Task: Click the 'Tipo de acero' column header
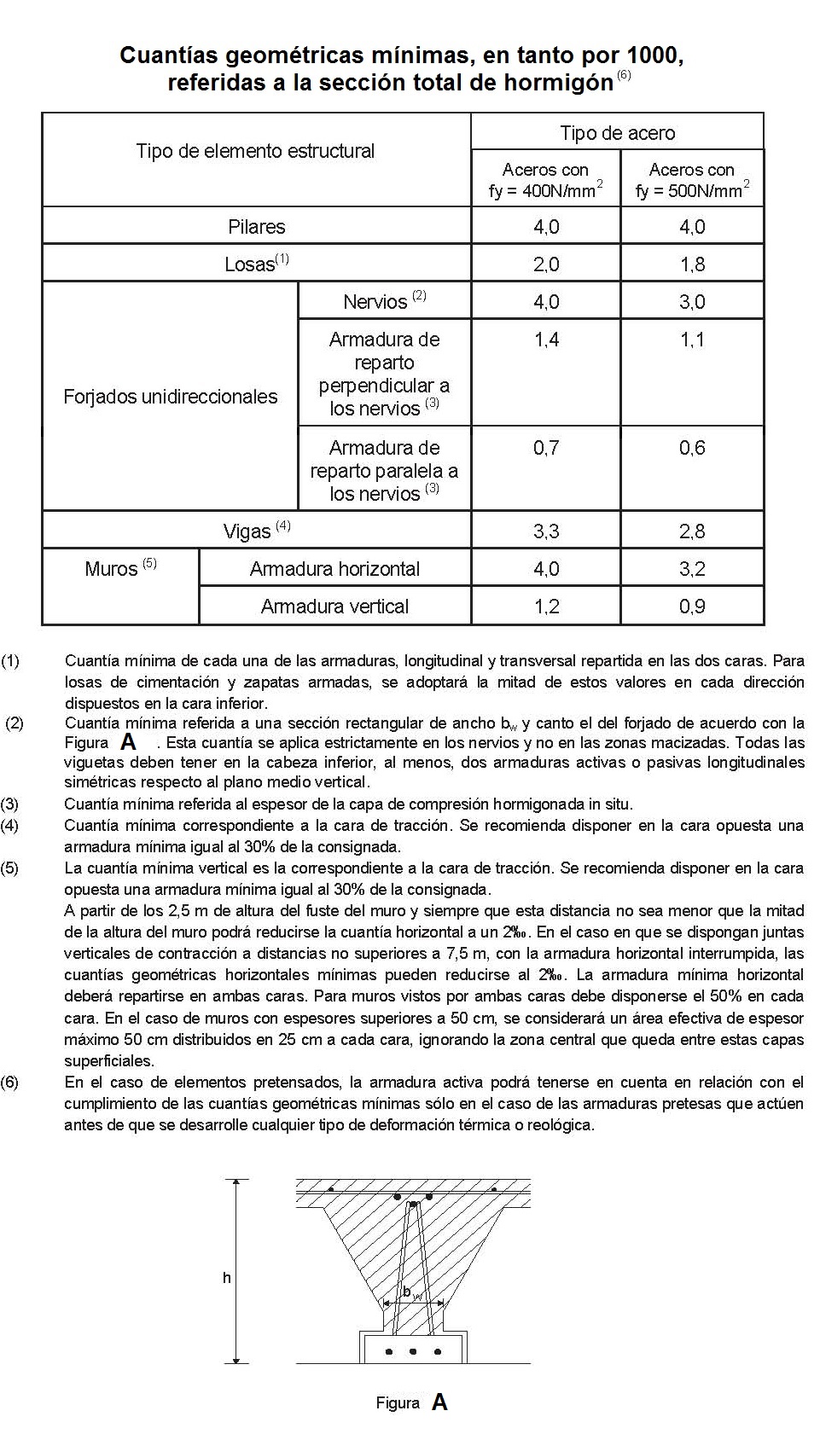point(617,132)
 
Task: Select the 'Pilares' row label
point(256,227)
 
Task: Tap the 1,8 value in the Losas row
point(692,264)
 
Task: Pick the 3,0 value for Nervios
point(692,302)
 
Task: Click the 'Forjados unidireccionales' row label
point(170,397)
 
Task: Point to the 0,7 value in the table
point(546,448)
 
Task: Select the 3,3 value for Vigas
point(546,531)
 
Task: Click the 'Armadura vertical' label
point(334,607)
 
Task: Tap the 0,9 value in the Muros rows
point(692,607)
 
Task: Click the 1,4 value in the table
point(546,340)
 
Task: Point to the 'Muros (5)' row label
point(120,568)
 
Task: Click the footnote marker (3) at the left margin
point(10,804)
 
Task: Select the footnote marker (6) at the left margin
point(10,1083)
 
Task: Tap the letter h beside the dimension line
point(226,1278)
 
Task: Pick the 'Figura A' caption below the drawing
point(411,1402)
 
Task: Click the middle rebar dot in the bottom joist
point(413,1352)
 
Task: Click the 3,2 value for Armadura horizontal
point(692,569)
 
